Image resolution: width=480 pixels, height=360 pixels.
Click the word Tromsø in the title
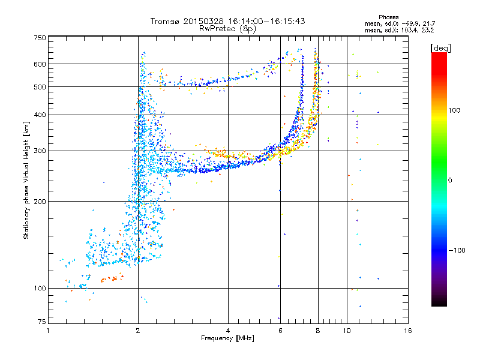[166, 21]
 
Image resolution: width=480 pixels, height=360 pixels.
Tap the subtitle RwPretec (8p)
[227, 29]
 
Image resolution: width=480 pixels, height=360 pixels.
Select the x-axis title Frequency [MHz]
[227, 338]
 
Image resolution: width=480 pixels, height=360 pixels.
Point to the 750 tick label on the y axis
[40, 38]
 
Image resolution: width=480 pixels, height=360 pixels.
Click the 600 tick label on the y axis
[40, 64]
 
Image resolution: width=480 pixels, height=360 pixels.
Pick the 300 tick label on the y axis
[40, 151]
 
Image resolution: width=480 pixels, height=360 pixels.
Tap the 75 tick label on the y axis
[42, 322]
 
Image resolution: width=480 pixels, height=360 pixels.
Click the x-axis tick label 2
[138, 331]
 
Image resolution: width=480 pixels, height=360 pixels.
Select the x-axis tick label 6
[280, 331]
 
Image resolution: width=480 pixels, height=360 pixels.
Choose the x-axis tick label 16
[408, 331]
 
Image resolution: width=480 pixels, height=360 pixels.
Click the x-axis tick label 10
[347, 331]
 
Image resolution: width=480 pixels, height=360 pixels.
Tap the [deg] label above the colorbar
[440, 48]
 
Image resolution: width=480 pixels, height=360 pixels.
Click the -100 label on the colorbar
[457, 250]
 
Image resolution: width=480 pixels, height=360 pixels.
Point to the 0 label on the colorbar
[450, 180]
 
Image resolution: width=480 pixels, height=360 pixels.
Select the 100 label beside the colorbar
[454, 110]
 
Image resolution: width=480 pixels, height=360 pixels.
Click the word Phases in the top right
[388, 17]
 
